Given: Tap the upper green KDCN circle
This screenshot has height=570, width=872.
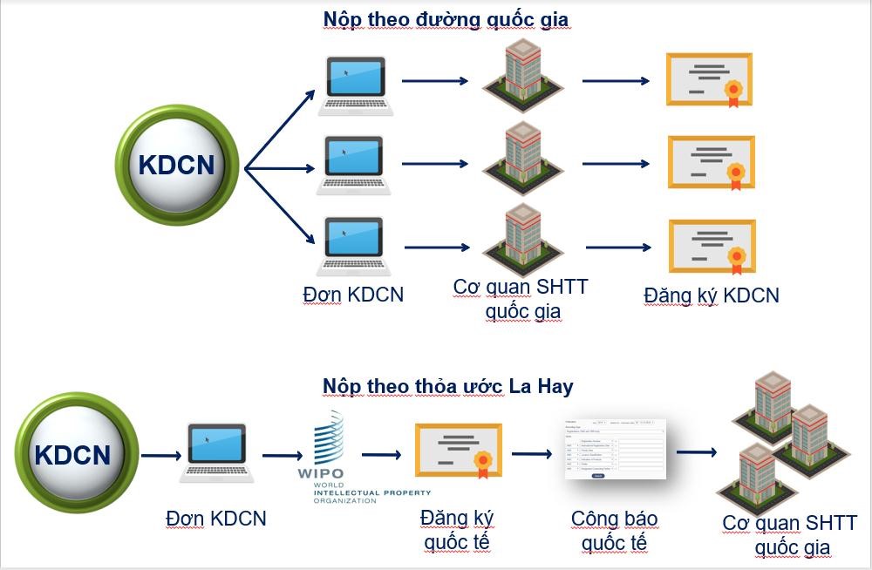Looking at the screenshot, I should click(177, 166).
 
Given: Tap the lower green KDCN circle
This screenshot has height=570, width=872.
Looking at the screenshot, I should click(73, 455).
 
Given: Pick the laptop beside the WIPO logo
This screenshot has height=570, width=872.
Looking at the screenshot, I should click(216, 453).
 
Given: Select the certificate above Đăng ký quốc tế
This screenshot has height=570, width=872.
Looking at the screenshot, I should click(457, 451).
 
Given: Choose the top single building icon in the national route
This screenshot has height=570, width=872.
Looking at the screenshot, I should click(523, 74).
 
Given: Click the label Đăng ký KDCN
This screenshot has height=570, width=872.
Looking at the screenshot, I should click(712, 295).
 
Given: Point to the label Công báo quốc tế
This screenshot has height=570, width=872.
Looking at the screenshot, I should click(615, 531).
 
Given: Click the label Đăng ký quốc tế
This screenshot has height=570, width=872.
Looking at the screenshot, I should click(457, 529).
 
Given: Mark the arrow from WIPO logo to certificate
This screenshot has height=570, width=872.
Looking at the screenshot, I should click(382, 454).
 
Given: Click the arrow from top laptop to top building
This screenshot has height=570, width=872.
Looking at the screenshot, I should click(435, 81).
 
